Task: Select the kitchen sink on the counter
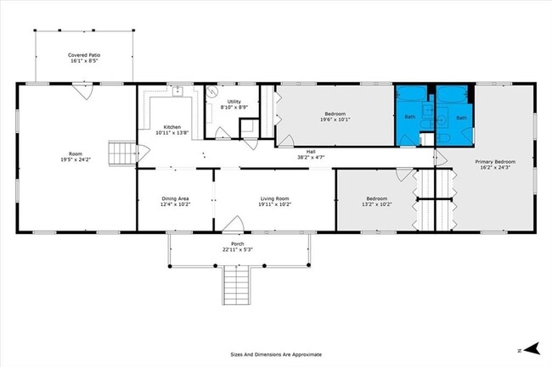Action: [x=179, y=91]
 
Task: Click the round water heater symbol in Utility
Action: [x=213, y=95]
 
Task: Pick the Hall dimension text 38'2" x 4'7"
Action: [x=311, y=158]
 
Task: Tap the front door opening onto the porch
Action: [x=233, y=225]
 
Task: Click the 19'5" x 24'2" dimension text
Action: [x=76, y=160]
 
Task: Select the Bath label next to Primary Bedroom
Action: [x=461, y=118]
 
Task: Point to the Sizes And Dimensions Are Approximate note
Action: [x=275, y=354]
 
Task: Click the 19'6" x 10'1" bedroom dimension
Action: [x=335, y=120]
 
